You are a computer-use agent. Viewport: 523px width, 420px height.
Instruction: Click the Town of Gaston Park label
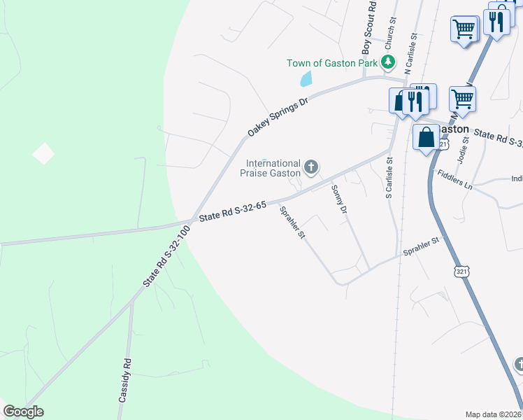pos(331,63)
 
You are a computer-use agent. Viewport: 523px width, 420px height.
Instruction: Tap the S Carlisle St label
pos(389,178)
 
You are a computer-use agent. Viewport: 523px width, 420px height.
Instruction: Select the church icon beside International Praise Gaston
pos(311,167)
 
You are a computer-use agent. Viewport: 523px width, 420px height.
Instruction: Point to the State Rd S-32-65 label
pos(233,212)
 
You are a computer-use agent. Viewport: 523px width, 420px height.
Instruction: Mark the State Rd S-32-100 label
pos(166,255)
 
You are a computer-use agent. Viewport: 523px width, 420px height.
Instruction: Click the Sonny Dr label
pos(339,199)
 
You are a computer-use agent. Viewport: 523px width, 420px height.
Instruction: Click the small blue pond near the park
pos(306,78)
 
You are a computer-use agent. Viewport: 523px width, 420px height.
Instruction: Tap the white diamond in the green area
pos(43,153)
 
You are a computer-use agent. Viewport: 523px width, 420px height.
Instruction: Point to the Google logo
pos(23,412)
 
